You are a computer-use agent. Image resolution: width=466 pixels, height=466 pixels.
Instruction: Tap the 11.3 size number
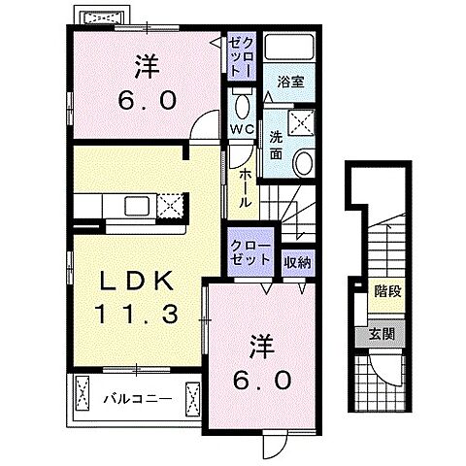point(137,314)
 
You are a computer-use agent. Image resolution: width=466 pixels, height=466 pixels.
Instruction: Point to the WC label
point(241,128)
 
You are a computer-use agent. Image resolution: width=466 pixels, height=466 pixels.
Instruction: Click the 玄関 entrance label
point(383,335)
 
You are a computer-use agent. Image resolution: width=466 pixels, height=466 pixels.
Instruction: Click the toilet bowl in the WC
point(241,104)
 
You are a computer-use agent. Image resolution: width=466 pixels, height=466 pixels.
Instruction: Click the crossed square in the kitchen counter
point(171,206)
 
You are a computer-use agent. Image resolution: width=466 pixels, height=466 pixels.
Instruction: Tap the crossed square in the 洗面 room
point(301,122)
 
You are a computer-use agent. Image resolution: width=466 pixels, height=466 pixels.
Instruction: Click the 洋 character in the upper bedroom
point(146,67)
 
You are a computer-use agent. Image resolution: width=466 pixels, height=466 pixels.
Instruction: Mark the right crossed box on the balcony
point(190,396)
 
